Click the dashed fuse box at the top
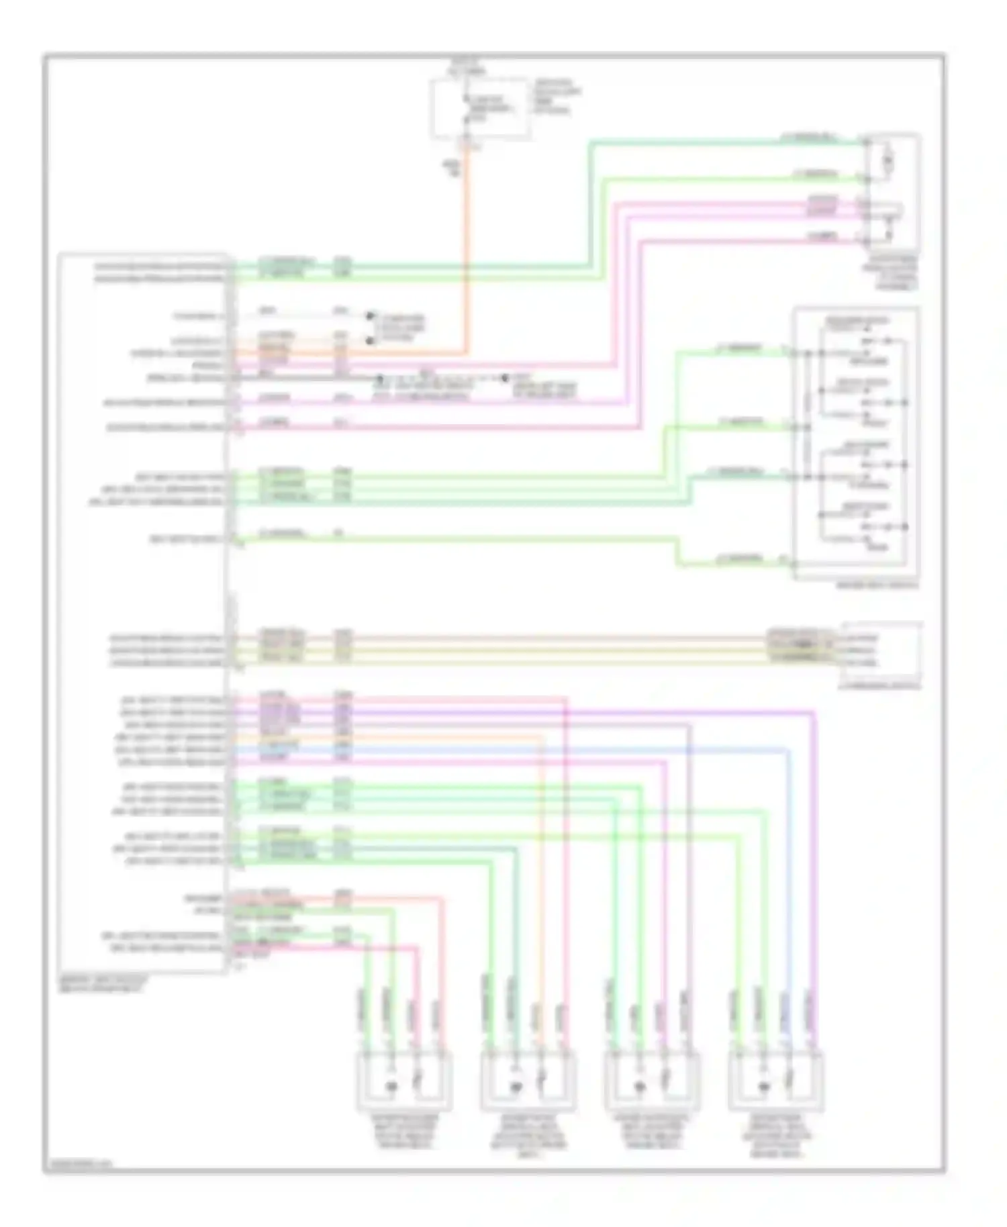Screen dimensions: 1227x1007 click(480, 109)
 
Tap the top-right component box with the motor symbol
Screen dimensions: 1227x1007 click(892, 191)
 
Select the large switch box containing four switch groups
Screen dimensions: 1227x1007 click(856, 443)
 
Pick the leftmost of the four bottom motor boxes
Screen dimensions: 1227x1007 click(403, 1080)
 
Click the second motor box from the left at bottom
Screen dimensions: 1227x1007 click(528, 1080)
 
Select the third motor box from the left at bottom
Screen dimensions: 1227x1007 click(652, 1080)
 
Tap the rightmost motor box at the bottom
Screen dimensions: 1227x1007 click(775, 1080)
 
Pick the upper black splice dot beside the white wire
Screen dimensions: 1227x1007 click(369, 315)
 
